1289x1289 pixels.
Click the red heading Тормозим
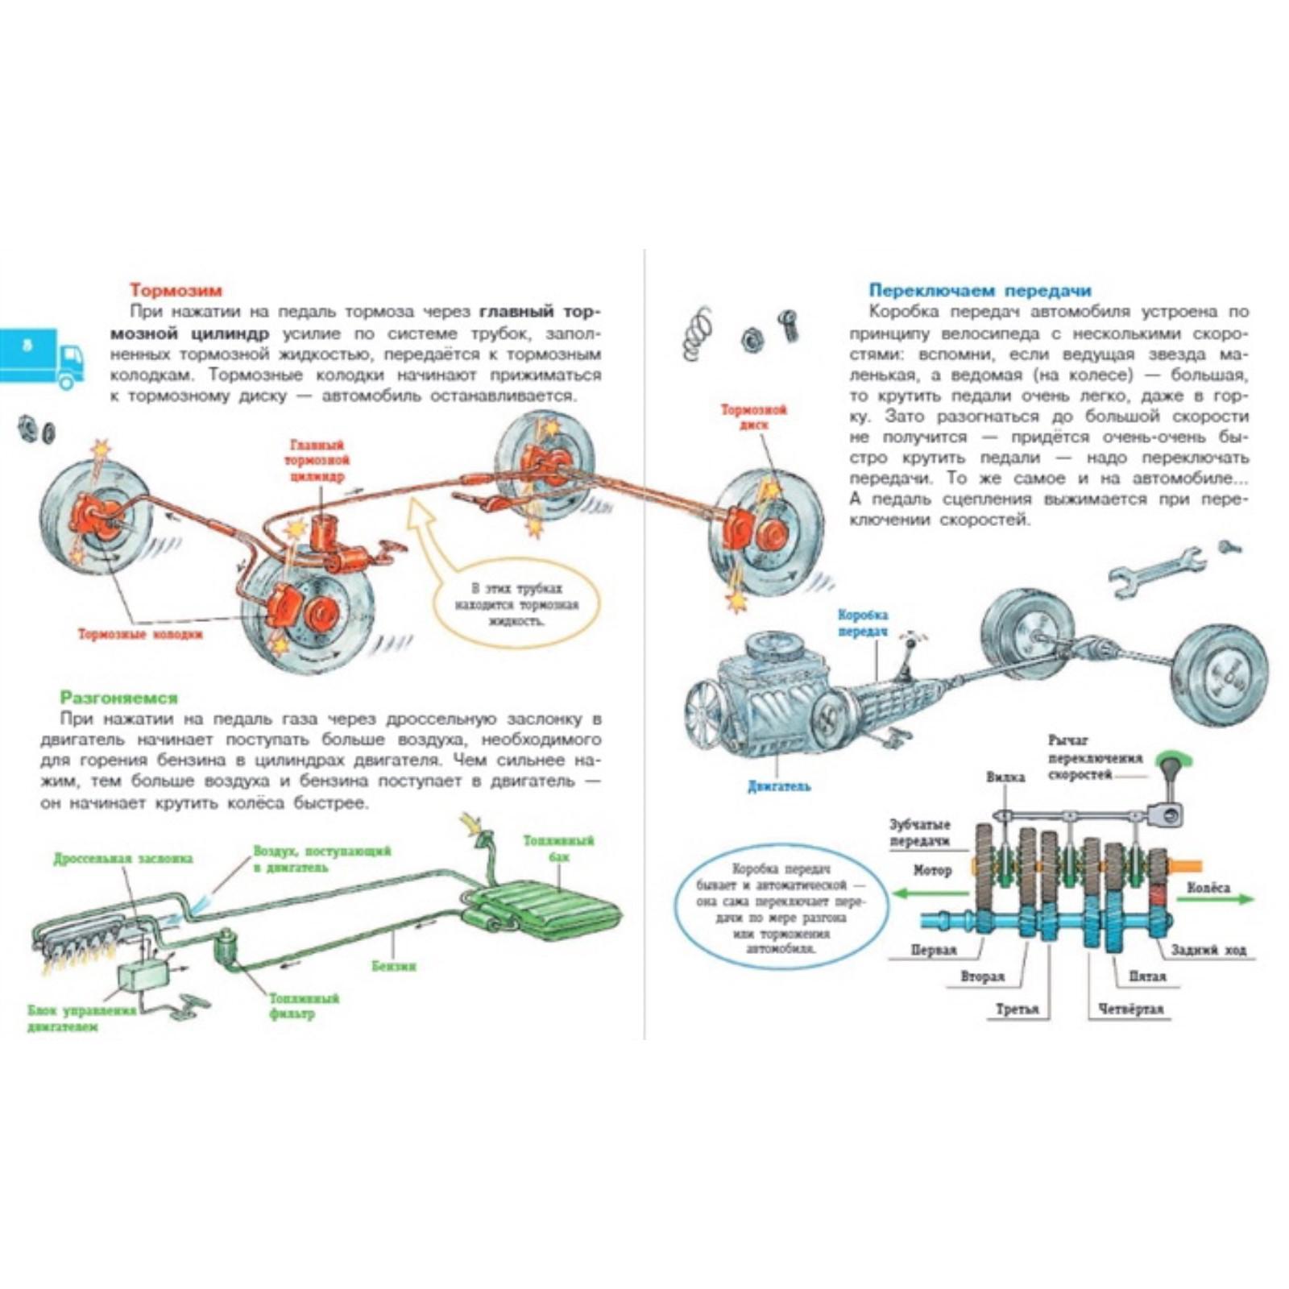[x=176, y=290]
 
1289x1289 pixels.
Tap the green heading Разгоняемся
[x=118, y=698]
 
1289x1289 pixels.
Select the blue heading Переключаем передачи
[x=980, y=290]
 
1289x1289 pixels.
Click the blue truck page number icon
[x=42, y=356]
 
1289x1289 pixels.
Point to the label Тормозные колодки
[x=140, y=634]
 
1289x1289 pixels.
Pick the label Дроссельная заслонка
[x=123, y=859]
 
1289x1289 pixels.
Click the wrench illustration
[x=1156, y=570]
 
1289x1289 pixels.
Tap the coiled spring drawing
[x=698, y=332]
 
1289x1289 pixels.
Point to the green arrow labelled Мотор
[x=930, y=893]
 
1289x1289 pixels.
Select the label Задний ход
[x=1208, y=950]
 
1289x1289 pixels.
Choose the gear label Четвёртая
[x=1130, y=1009]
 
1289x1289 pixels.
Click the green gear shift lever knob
[x=1173, y=760]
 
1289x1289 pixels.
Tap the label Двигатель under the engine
[x=778, y=786]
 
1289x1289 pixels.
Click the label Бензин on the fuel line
[x=394, y=965]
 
